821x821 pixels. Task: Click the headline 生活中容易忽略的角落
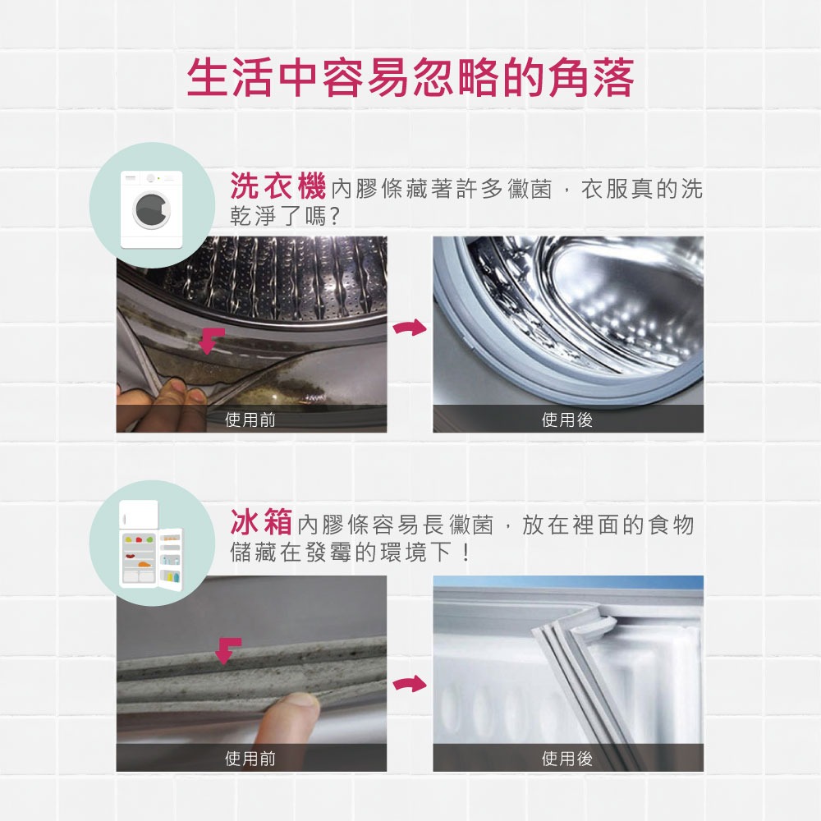click(410, 78)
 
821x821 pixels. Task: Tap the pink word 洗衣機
click(278, 186)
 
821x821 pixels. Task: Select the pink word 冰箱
click(261, 522)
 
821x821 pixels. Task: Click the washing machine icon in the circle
click(152, 209)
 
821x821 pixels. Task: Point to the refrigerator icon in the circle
click(151, 544)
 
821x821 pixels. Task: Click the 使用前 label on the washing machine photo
click(250, 420)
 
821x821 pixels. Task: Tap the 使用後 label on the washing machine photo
click(567, 420)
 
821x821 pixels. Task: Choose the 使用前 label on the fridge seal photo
click(250, 758)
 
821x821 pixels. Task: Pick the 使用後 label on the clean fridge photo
click(567, 758)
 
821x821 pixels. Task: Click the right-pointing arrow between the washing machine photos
click(410, 328)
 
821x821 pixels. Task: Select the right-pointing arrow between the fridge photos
click(410, 683)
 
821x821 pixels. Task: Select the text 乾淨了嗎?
click(286, 216)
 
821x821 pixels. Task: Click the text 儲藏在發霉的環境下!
click(351, 553)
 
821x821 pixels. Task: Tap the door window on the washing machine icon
click(152, 210)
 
